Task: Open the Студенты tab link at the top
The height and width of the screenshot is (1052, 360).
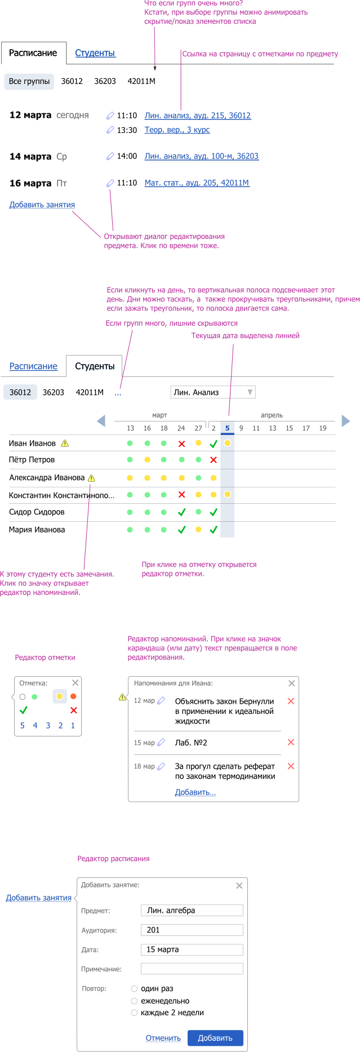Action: [95, 53]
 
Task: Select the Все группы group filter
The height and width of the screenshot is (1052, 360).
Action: [29, 81]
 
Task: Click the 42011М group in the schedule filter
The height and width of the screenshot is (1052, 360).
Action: [141, 81]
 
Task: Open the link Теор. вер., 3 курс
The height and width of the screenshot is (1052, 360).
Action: [177, 130]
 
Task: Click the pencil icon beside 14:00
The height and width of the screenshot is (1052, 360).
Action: [110, 156]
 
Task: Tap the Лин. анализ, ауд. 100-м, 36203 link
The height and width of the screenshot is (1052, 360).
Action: [202, 156]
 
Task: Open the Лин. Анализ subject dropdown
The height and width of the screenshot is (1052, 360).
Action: [213, 392]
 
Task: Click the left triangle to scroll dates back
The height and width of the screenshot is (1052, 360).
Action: [101, 420]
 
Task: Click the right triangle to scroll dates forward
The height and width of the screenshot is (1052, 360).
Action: [346, 420]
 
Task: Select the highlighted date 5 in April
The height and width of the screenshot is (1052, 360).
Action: [228, 428]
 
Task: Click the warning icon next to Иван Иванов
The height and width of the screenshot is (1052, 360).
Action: [65, 443]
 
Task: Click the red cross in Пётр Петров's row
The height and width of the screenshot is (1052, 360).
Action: [214, 460]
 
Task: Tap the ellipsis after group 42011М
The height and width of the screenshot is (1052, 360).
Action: [118, 393]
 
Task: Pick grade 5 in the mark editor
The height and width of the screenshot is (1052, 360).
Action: [23, 726]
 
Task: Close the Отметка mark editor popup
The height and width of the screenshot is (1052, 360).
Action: [75, 682]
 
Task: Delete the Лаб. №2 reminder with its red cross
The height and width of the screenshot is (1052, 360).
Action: [291, 742]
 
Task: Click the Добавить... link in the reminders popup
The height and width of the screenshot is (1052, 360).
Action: [195, 792]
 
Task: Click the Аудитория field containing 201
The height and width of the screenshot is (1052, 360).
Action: [192, 930]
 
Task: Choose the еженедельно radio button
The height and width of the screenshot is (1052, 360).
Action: [134, 1001]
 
